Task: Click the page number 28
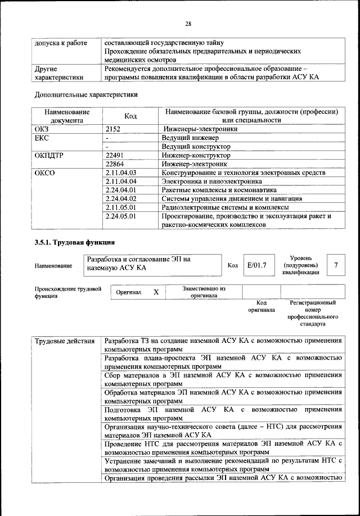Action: click(188, 23)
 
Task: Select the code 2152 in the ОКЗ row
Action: click(114, 129)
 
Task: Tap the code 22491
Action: click(115, 155)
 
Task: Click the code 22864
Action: click(115, 164)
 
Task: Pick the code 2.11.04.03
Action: click(121, 173)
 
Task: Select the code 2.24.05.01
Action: click(121, 216)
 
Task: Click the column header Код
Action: click(130, 115)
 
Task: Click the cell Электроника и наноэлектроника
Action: click(211, 182)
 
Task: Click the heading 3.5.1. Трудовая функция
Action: click(75, 243)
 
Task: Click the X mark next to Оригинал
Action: click(156, 292)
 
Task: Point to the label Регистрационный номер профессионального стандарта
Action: click(313, 313)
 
